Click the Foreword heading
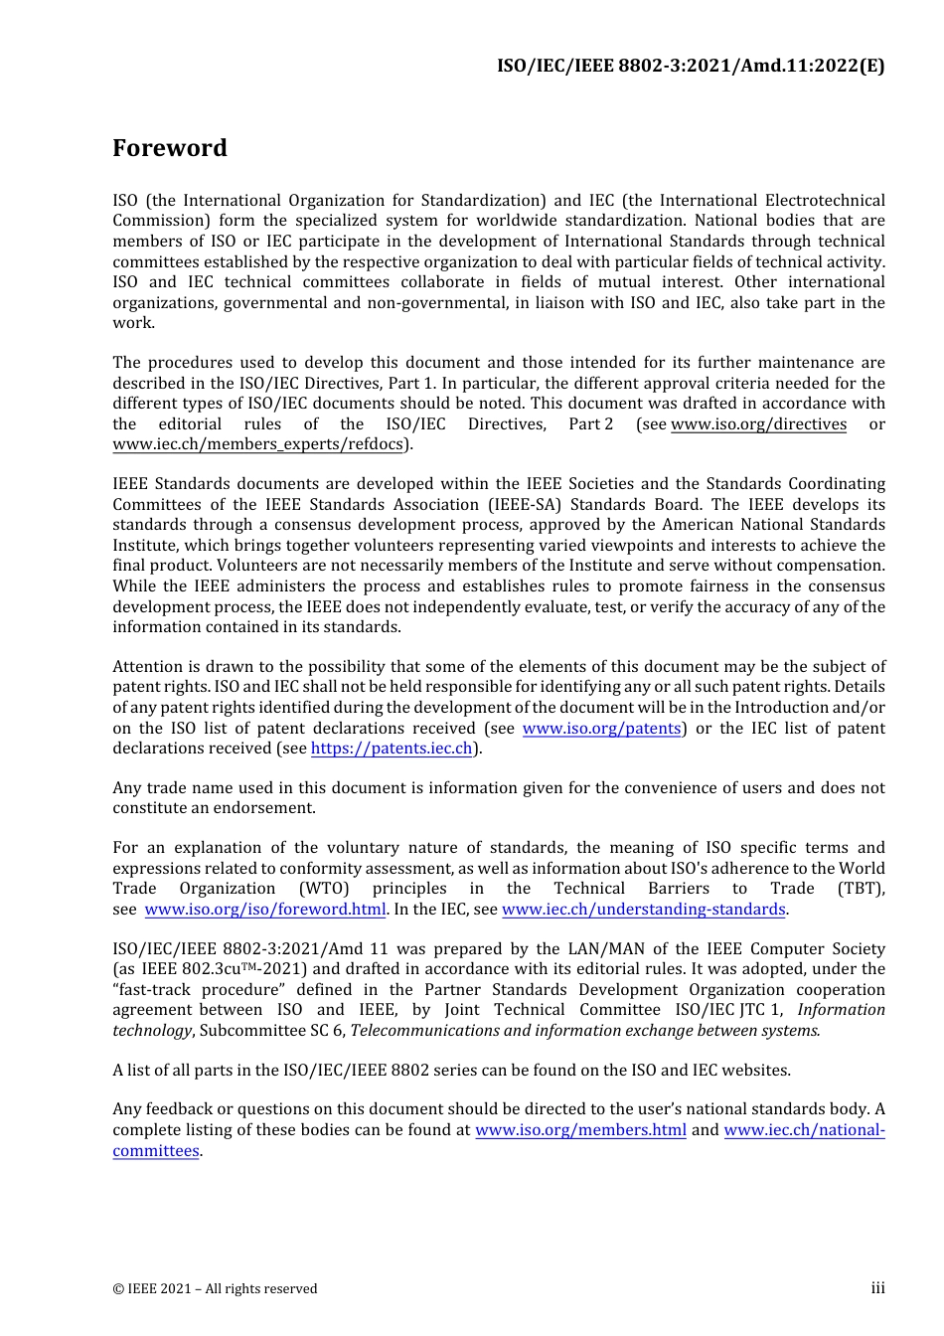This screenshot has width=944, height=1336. click(x=170, y=148)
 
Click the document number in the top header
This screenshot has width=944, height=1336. click(x=691, y=66)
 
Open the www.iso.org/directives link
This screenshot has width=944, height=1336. click(x=758, y=424)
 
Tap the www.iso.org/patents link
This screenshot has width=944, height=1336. click(x=602, y=729)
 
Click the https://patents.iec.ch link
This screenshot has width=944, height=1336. click(x=392, y=749)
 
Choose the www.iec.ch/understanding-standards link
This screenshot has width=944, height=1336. click(x=644, y=910)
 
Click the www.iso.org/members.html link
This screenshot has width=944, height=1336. click(x=580, y=1130)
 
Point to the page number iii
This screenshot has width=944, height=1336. click(x=877, y=1288)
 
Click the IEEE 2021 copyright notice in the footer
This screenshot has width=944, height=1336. click(x=215, y=1289)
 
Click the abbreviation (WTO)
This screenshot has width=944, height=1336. click(x=324, y=889)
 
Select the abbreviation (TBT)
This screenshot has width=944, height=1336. click(x=861, y=889)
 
